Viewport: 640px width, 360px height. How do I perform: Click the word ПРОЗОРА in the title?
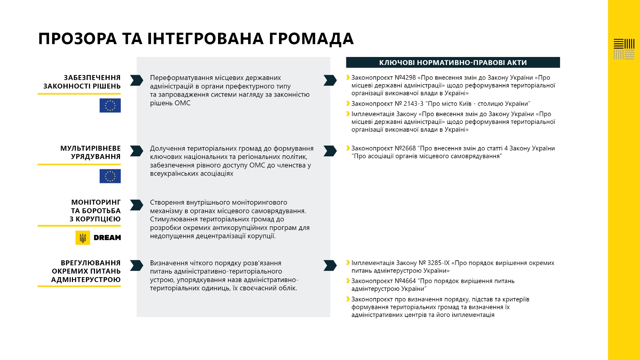(x=78, y=39)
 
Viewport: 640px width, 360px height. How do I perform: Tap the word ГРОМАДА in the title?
(x=311, y=39)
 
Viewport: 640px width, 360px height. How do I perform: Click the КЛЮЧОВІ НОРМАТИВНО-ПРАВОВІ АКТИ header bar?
(x=453, y=63)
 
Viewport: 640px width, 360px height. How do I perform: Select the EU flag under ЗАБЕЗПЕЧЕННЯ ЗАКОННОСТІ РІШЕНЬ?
(x=110, y=105)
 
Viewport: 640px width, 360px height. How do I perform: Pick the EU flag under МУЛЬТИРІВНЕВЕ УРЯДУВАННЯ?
(x=110, y=176)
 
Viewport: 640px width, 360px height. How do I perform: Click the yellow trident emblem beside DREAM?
(x=83, y=238)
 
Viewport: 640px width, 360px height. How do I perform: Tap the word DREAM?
(x=107, y=238)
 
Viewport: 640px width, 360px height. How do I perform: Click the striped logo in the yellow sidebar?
(x=624, y=49)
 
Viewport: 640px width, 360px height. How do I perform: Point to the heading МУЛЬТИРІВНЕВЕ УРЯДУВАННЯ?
(x=90, y=152)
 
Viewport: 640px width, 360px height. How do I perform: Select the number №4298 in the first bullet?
(x=405, y=78)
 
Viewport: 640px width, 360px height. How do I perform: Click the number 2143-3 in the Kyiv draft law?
(x=413, y=104)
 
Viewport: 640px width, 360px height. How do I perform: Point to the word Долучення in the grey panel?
(x=167, y=148)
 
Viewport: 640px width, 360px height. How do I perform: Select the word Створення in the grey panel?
(x=167, y=202)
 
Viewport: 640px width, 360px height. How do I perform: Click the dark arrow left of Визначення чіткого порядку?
(x=136, y=265)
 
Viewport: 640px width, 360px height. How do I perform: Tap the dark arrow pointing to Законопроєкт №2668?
(x=330, y=151)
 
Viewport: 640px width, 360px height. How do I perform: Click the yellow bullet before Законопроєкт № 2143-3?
(x=348, y=104)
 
